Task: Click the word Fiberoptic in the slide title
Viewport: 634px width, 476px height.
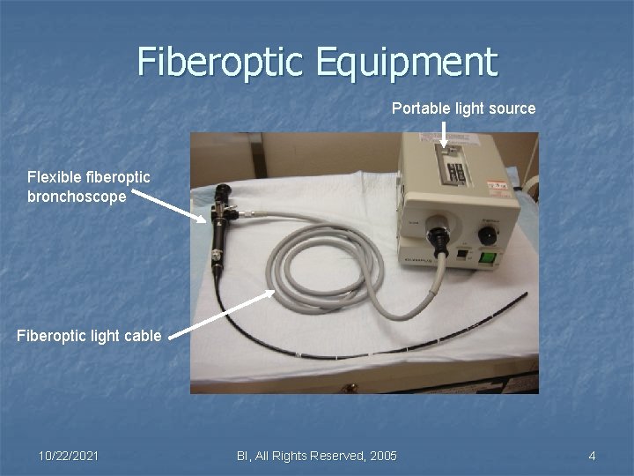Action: [x=218, y=62]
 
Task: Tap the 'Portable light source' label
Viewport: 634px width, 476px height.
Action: [x=463, y=108]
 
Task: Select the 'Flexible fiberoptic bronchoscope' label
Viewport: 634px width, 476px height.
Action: [x=88, y=187]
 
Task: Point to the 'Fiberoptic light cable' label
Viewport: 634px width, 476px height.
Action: [x=89, y=335]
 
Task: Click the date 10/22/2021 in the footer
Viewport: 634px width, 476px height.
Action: [x=69, y=455]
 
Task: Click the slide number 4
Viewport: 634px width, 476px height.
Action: [x=592, y=455]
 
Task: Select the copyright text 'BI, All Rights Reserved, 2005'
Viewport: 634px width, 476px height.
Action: [x=317, y=455]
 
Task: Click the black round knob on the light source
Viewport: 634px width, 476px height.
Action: [x=487, y=234]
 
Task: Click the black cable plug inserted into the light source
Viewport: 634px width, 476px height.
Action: [x=438, y=236]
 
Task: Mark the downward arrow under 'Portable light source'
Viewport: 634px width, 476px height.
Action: [x=444, y=134]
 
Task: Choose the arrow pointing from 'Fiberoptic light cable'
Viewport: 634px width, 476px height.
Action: [x=221, y=313]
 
